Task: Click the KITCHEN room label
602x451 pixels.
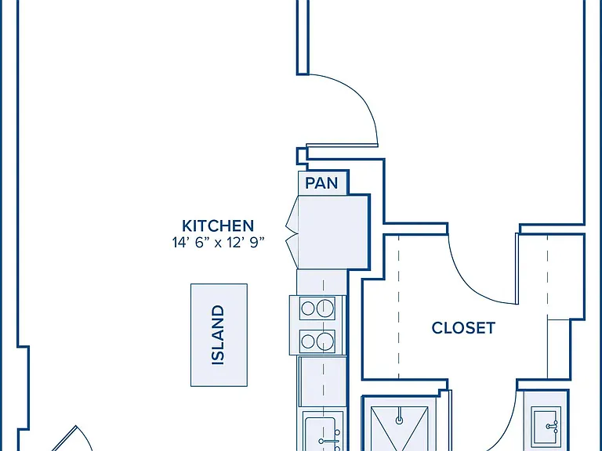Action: pyautogui.click(x=218, y=225)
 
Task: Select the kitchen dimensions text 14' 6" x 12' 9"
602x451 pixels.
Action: pyautogui.click(x=219, y=243)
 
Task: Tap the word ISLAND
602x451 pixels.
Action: pyautogui.click(x=218, y=335)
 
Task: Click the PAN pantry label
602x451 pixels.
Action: pyautogui.click(x=321, y=183)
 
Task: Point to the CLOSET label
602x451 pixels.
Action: pyautogui.click(x=463, y=328)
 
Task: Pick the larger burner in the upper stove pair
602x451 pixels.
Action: pyautogui.click(x=325, y=307)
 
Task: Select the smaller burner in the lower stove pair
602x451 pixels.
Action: pyautogui.click(x=308, y=341)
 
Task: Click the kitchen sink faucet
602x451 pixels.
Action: pyautogui.click(x=330, y=441)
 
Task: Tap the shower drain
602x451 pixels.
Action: pyautogui.click(x=399, y=420)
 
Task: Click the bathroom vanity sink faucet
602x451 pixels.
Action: pyautogui.click(x=553, y=425)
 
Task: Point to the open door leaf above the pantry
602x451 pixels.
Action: pyautogui.click(x=342, y=146)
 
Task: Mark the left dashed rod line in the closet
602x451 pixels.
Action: pyautogui.click(x=398, y=307)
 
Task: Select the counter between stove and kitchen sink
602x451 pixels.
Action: pyautogui.click(x=322, y=381)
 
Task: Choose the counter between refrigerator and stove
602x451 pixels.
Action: pyautogui.click(x=322, y=282)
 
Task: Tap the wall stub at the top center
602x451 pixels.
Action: pyautogui.click(x=303, y=37)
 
